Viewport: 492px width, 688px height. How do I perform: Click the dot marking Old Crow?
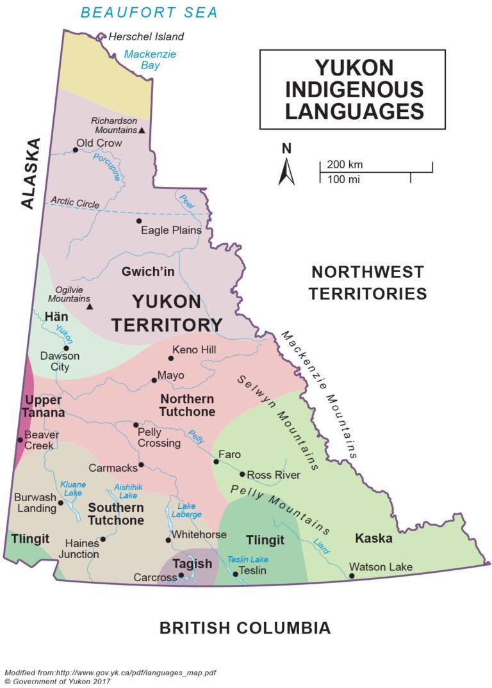75,150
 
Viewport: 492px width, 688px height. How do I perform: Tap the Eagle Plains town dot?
138,221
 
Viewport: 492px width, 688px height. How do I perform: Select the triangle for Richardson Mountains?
142,131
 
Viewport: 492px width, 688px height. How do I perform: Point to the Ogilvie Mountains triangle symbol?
90,306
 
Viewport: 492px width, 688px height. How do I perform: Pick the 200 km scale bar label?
345,164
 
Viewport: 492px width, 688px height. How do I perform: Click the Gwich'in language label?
148,272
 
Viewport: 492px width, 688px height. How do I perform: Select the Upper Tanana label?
42,406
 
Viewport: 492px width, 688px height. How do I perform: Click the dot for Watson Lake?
352,576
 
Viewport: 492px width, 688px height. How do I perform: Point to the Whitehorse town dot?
168,540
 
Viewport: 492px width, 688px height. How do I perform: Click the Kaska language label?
373,538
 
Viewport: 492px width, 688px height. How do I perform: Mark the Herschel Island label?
146,36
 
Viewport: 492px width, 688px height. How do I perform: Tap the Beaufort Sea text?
149,12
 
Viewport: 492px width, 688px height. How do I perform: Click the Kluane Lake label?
73,489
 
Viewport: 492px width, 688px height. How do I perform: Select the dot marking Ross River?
242,474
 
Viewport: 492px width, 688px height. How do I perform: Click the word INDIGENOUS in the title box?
352,89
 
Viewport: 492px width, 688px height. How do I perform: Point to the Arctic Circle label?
76,204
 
